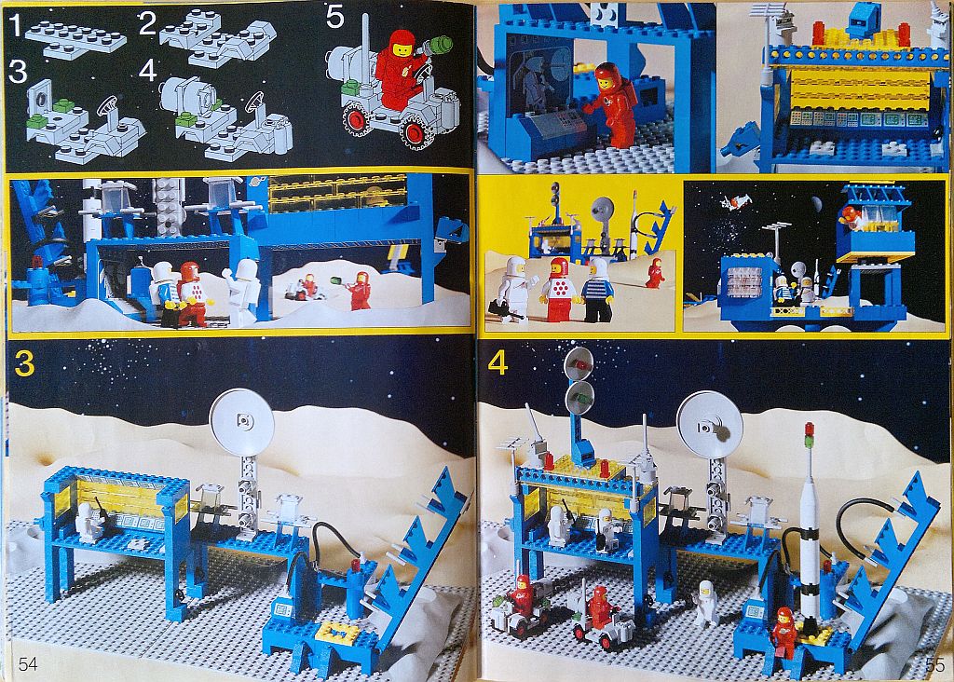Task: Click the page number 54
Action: [28, 663]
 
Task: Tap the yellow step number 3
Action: [23, 362]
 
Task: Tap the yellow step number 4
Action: [497, 362]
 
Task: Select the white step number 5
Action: [335, 17]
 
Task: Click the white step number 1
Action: [15, 25]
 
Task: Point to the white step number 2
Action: [147, 23]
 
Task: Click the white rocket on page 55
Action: [810, 524]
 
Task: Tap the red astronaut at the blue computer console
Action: [614, 105]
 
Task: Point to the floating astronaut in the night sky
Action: [734, 201]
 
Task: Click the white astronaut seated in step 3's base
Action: [89, 523]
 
